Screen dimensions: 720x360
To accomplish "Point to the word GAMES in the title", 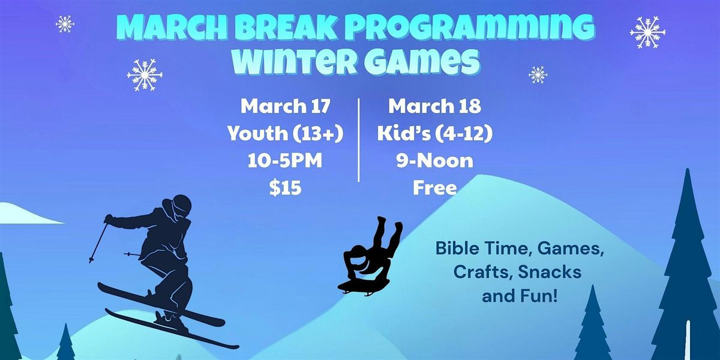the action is [421, 60].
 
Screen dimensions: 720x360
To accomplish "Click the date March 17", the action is [285, 106].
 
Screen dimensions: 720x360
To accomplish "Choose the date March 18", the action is [434, 106].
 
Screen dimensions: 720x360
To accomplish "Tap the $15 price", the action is [285, 188].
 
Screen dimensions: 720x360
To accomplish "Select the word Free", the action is [434, 188].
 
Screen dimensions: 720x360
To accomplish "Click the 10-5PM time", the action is [285, 160].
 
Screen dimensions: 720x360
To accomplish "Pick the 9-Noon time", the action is [434, 160].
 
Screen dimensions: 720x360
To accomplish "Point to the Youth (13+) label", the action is [286, 133].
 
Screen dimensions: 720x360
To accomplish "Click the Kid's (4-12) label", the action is [434, 133].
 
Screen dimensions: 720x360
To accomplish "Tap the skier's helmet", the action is [178, 204].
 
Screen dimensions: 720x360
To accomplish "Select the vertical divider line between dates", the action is [359, 140].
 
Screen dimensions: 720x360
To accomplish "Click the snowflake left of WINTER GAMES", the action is [145, 74].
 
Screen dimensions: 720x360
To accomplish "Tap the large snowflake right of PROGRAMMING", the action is [647, 32].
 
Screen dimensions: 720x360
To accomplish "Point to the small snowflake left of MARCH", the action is [65, 24].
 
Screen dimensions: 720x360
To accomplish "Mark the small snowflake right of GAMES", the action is [538, 75].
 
